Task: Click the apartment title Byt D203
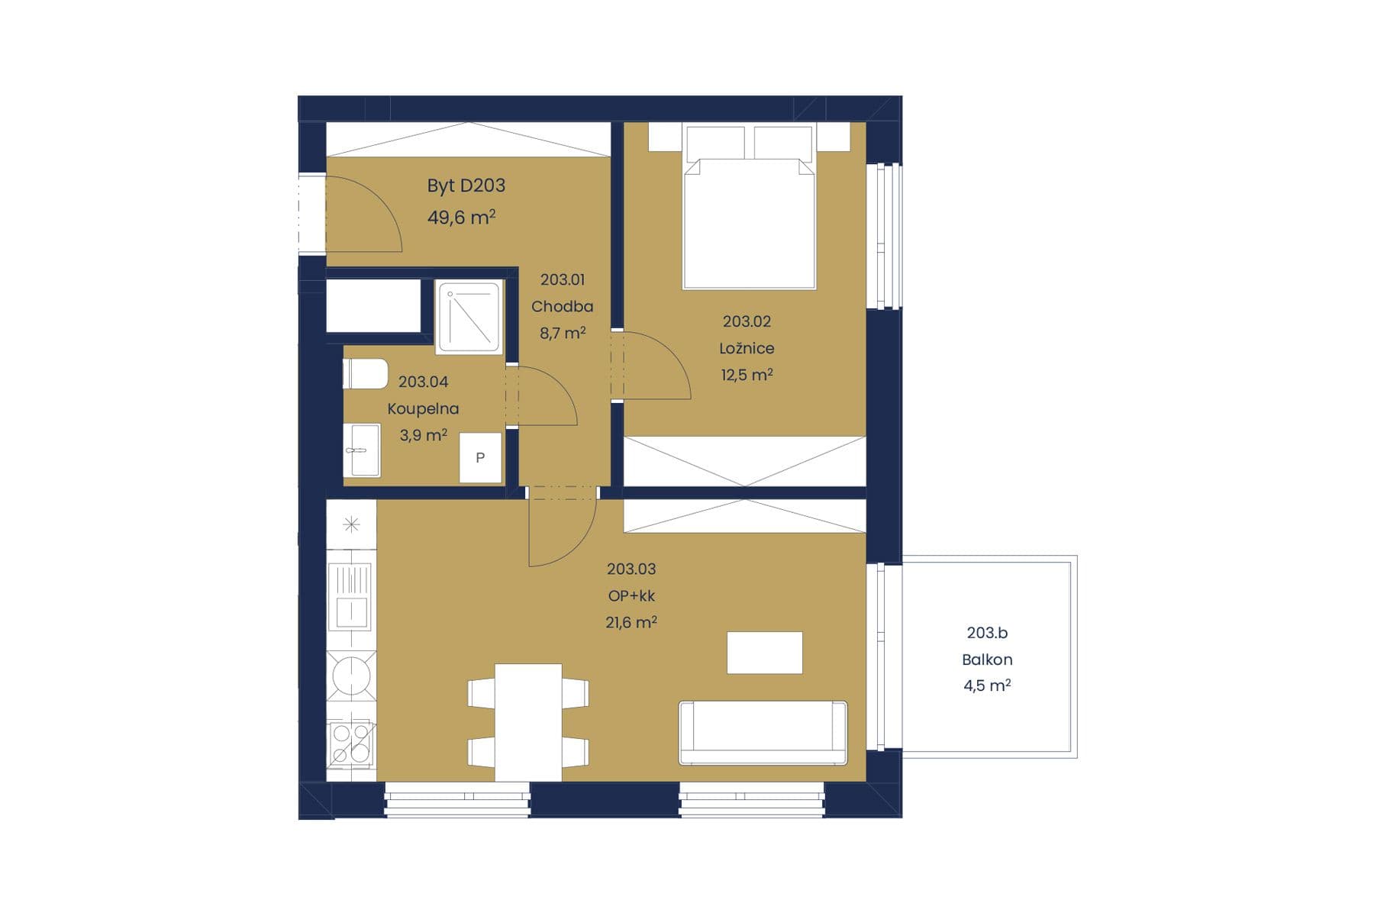466,185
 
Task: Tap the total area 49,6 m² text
461,218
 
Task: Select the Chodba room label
562,306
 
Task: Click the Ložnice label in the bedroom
747,348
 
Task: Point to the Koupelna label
423,408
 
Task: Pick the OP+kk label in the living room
631,595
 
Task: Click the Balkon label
987,660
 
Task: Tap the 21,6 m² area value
631,622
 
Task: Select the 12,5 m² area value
747,375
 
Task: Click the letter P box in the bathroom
480,457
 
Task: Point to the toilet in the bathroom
366,374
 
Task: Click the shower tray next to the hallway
469,317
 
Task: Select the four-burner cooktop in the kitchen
351,743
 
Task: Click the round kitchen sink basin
351,675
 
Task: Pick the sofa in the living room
763,733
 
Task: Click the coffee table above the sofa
764,653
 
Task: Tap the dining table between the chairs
528,723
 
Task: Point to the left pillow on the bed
715,144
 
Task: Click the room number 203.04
423,382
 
